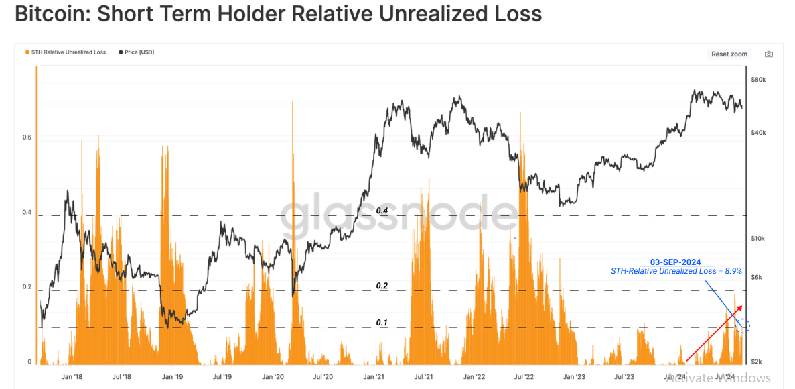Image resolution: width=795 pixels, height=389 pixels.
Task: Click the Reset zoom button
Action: coord(729,54)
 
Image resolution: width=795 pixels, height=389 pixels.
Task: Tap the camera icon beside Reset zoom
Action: coord(769,54)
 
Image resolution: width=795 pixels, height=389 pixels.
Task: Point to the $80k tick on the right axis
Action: coord(758,80)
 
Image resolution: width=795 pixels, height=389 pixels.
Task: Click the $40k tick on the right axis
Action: coord(758,133)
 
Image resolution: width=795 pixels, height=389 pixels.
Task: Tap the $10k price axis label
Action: coord(758,239)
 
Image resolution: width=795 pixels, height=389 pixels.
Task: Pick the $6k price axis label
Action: coord(757,277)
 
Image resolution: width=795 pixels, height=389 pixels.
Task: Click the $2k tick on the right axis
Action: coord(757,362)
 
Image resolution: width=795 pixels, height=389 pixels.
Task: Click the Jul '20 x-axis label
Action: coord(323,378)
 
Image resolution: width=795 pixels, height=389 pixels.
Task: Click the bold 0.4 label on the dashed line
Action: coord(382,211)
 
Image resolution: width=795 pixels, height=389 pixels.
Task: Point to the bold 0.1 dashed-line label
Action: coord(382,323)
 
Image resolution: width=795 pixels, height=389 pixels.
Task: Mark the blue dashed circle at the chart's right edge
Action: coord(743,327)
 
